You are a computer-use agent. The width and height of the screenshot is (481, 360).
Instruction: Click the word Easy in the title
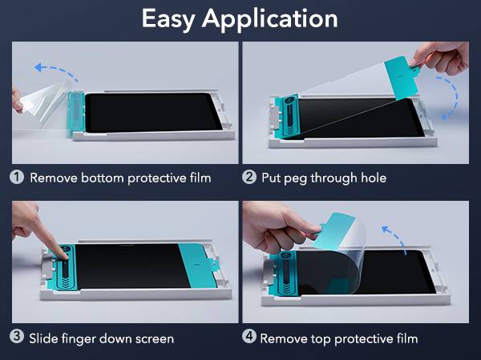click(170, 18)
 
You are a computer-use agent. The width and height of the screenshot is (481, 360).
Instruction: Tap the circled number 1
click(17, 177)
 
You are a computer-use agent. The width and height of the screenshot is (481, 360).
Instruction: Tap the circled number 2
click(249, 177)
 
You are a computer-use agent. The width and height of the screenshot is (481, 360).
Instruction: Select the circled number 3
click(17, 338)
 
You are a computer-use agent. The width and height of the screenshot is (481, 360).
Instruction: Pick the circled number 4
click(249, 338)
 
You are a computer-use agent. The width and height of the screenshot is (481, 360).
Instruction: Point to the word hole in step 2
click(373, 177)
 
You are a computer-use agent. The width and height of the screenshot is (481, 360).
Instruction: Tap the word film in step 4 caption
click(405, 338)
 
